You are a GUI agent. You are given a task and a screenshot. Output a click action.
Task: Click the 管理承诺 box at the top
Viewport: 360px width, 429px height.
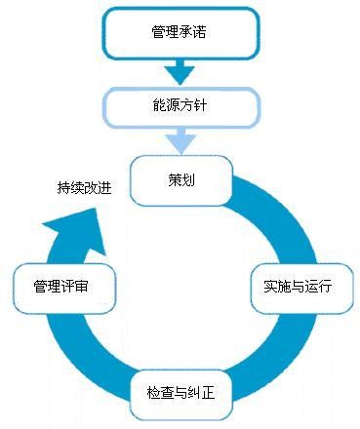click(x=180, y=33)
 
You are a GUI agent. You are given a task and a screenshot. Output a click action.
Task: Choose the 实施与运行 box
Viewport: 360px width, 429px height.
click(x=298, y=287)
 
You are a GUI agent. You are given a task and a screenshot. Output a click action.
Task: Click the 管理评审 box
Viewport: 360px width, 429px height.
click(x=65, y=287)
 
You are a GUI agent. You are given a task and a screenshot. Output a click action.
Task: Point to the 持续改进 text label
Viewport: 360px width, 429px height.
click(x=84, y=187)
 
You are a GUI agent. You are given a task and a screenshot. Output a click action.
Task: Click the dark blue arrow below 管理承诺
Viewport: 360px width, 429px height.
click(x=180, y=71)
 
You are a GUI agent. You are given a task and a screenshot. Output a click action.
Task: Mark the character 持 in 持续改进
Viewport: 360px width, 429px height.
click(x=63, y=187)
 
